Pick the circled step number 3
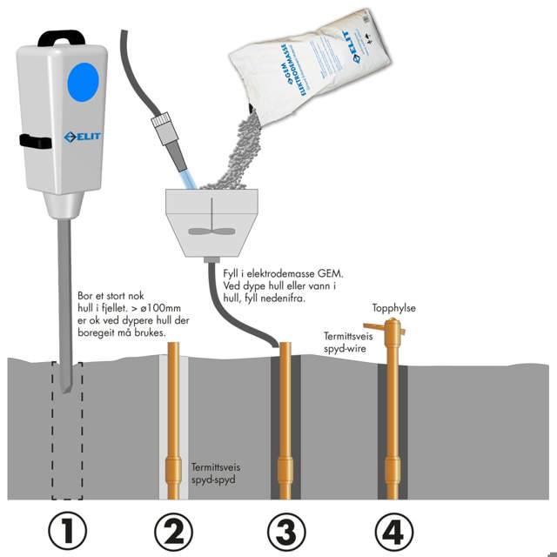click(x=285, y=531)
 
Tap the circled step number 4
click(x=396, y=531)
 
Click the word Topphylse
click(x=393, y=308)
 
